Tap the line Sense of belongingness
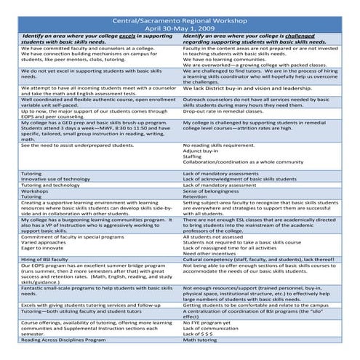[x=211, y=191]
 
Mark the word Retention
[x=194, y=196]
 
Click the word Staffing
[x=193, y=156]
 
